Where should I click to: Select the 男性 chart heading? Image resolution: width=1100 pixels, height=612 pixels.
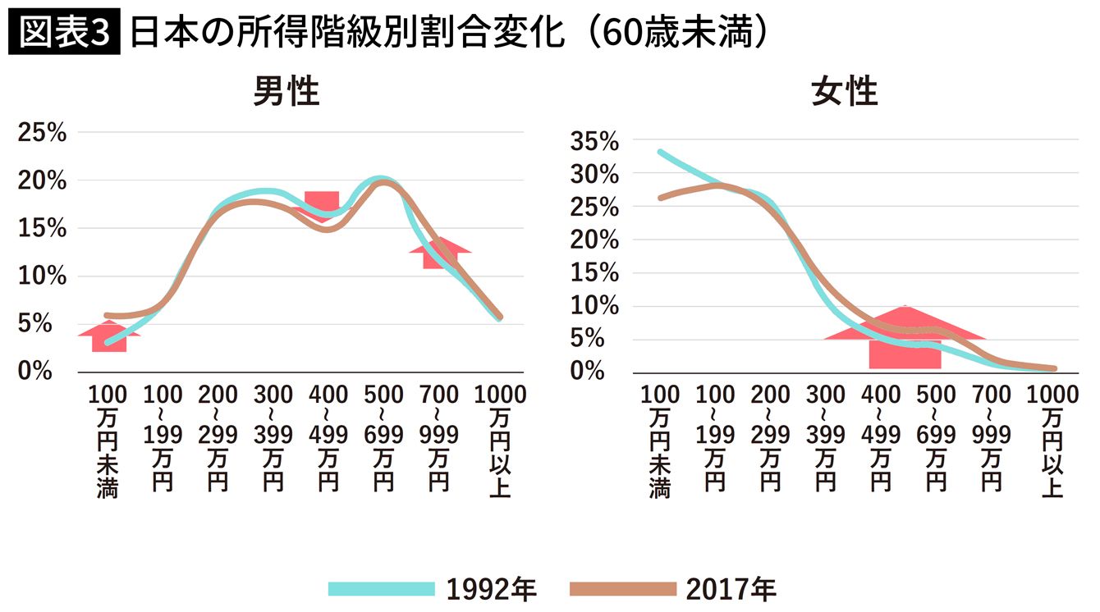tap(286, 93)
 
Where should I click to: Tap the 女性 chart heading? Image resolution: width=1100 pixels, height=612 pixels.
tap(844, 93)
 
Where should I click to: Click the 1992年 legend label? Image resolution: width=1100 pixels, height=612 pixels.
tap(492, 589)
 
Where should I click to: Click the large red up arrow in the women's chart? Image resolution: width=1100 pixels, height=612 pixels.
tap(905, 336)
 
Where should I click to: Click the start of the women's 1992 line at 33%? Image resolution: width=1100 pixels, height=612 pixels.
tap(661, 152)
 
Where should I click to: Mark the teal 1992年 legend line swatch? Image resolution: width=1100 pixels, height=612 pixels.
tap(381, 589)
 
